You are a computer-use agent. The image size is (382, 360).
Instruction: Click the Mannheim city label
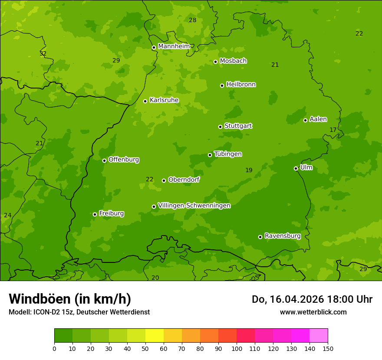coord(174,46)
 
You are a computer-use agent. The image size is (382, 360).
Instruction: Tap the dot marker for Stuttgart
coord(220,127)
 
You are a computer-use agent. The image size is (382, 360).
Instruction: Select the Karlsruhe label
coord(164,100)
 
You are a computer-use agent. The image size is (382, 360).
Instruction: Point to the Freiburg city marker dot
coord(95,214)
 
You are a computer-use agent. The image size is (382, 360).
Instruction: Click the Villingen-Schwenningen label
coord(194,206)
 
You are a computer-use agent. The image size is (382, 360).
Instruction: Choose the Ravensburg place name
coord(282,236)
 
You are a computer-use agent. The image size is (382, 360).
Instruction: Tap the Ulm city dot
coord(296,168)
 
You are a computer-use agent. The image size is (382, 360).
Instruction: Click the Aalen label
coord(318,119)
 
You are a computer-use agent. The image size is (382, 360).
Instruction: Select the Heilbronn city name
coord(240,85)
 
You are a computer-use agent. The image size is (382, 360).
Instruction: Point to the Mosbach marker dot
coord(215,62)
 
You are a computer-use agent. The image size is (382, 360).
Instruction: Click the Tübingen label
coord(227,154)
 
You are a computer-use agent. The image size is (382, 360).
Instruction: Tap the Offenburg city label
coord(123,160)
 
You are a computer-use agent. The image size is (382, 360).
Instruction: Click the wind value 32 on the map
coord(43,53)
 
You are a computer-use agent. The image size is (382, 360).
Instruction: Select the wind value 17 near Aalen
coord(333,130)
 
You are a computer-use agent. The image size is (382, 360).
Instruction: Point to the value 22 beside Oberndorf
coord(149,179)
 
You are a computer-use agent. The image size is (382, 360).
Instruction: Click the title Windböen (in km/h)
coord(70,299)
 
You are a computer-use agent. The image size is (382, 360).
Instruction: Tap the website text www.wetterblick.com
coord(313,312)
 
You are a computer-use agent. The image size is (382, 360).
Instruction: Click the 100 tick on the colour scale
coord(237,348)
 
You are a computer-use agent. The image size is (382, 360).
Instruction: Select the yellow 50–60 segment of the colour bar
coord(155,336)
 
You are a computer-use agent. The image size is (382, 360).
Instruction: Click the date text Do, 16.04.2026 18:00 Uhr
coord(312,299)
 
